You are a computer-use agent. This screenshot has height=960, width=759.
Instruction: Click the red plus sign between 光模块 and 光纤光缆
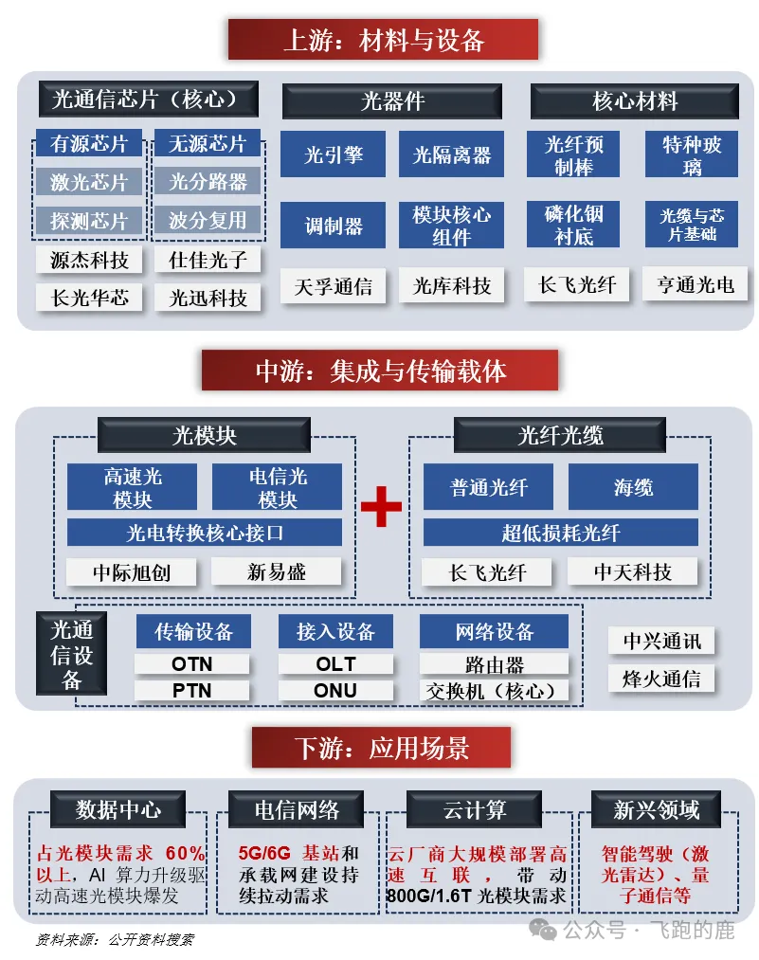pyautogui.click(x=381, y=506)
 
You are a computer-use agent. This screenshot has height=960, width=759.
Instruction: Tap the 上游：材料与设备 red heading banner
pyautogui.click(x=383, y=40)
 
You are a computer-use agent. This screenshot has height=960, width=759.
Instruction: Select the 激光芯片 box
pyautogui.click(x=89, y=182)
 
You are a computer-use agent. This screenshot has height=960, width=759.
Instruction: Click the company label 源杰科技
pyautogui.click(x=89, y=261)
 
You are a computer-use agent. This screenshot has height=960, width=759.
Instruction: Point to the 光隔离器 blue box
pyautogui.click(x=452, y=154)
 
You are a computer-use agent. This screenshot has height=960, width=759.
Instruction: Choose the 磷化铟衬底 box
pyautogui.click(x=573, y=224)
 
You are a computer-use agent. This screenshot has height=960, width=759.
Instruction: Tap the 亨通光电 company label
pyautogui.click(x=696, y=284)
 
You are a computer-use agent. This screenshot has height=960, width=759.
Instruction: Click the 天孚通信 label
pyautogui.click(x=333, y=286)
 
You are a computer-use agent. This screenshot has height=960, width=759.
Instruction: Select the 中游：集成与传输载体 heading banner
pyautogui.click(x=380, y=371)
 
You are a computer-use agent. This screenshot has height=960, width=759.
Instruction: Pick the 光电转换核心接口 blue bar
pyautogui.click(x=205, y=533)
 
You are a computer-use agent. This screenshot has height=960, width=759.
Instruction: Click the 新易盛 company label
pyautogui.click(x=276, y=571)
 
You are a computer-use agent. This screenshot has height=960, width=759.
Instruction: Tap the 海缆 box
pyautogui.click(x=634, y=487)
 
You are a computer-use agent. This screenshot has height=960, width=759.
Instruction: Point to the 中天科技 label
pyautogui.click(x=633, y=571)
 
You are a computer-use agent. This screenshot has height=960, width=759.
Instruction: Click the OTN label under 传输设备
pyautogui.click(x=192, y=664)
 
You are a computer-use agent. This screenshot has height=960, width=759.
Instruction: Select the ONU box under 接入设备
pyautogui.click(x=335, y=691)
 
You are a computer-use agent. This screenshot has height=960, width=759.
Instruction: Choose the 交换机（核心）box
pyautogui.click(x=494, y=691)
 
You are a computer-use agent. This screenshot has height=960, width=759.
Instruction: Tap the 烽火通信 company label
pyautogui.click(x=661, y=679)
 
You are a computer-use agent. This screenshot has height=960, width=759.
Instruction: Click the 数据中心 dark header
pyautogui.click(x=118, y=809)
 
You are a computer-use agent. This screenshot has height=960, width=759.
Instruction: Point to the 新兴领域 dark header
pyautogui.click(x=656, y=809)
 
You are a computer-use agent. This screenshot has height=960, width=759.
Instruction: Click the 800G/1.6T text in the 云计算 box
pyautogui.click(x=429, y=896)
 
